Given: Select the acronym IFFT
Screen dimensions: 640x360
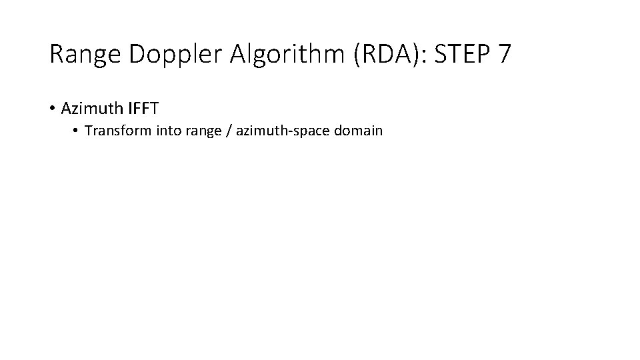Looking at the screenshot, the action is [x=141, y=107].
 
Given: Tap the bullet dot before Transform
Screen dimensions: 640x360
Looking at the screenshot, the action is [x=77, y=131].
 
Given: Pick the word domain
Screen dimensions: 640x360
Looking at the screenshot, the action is [x=359, y=131].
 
